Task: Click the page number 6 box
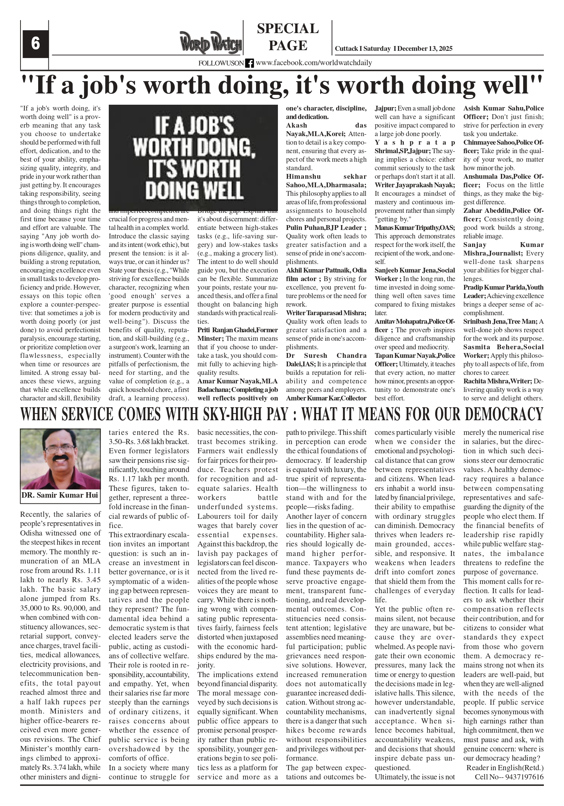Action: (x=35, y=44)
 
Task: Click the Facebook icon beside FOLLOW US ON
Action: (x=249, y=63)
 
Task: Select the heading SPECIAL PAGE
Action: (x=288, y=37)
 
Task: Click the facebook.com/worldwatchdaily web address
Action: (x=314, y=63)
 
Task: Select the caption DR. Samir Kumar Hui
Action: (x=60, y=495)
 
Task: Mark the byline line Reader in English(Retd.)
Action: (x=505, y=768)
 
